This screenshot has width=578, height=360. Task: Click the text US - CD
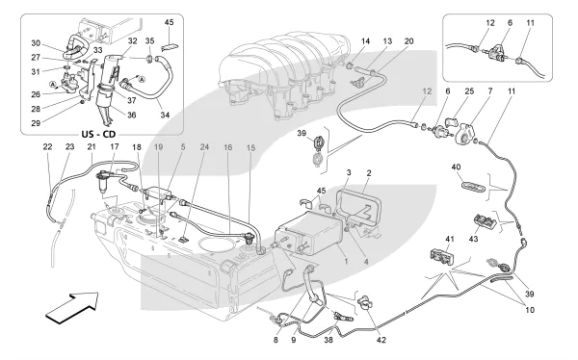click(x=98, y=134)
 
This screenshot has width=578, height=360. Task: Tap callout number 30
click(x=36, y=43)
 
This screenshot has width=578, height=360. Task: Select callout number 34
click(x=165, y=115)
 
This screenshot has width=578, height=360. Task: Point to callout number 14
click(x=365, y=41)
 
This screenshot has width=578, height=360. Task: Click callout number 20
click(x=409, y=41)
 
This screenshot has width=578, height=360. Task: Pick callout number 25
click(x=469, y=91)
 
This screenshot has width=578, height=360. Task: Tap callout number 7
click(x=490, y=91)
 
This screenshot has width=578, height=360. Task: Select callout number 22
click(x=47, y=146)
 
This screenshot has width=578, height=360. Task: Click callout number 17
click(x=115, y=146)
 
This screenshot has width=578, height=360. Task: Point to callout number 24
click(x=204, y=146)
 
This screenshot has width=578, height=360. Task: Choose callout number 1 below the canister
click(x=346, y=262)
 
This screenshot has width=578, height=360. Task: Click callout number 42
click(x=381, y=340)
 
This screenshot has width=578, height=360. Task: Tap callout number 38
click(x=328, y=340)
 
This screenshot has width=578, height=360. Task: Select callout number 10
click(x=530, y=310)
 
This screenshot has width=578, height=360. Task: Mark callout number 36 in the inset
click(x=132, y=115)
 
